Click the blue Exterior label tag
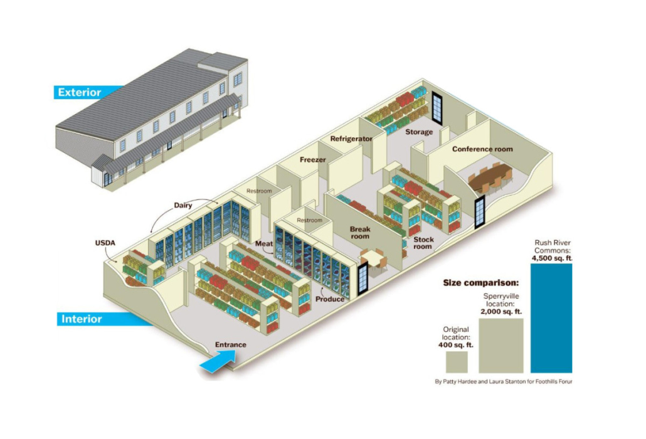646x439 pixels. (80, 93)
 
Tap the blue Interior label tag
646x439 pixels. (81, 319)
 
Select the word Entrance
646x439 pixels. (231, 344)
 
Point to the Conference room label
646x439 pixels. (482, 149)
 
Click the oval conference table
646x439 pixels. (493, 178)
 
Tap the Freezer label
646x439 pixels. (312, 160)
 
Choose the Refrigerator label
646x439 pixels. (351, 139)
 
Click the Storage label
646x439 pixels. (418, 132)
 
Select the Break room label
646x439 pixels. (360, 233)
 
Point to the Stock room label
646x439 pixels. (423, 243)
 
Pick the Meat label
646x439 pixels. (263, 243)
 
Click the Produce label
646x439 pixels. (330, 299)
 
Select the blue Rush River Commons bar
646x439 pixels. (551, 318)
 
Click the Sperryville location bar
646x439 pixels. (501, 346)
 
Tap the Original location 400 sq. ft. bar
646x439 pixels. (457, 362)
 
